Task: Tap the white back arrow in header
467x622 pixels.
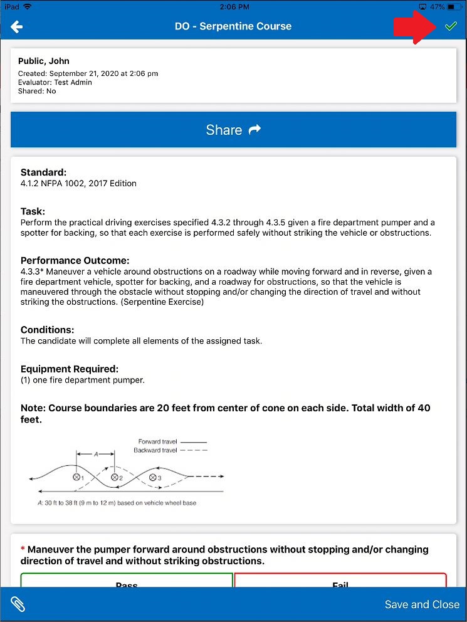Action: coord(17,26)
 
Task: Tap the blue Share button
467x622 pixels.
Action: coord(233,130)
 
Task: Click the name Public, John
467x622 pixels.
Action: coord(44,61)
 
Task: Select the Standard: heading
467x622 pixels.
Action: coord(43,172)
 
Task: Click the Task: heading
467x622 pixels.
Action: coord(33,212)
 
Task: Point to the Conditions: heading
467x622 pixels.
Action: coord(47,330)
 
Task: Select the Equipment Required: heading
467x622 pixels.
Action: coord(69,369)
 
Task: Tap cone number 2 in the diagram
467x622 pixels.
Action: coord(115,477)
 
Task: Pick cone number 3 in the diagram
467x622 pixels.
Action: coord(152,477)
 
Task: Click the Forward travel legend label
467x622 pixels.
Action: coord(157,441)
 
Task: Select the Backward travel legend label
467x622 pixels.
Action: coord(155,450)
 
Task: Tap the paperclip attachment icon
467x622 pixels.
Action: coord(18,604)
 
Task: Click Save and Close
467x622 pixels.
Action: coord(422,604)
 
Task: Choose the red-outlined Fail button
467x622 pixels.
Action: coord(340,581)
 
